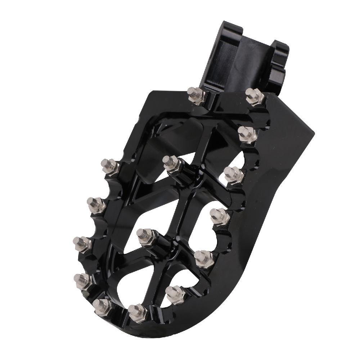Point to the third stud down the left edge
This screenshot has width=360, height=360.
click(x=82, y=243)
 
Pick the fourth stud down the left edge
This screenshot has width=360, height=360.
click(x=82, y=280)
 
